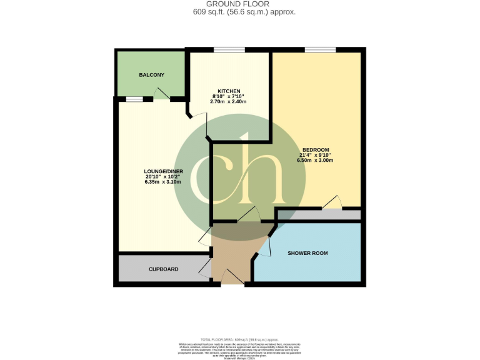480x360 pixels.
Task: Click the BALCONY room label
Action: pos(151,75)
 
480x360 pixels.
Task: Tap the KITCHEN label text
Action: pos(228,91)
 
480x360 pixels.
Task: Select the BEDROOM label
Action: pos(315,149)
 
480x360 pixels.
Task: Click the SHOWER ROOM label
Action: pos(307,253)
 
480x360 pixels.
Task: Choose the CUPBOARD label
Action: pos(163,269)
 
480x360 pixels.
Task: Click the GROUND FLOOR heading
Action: pos(240,4)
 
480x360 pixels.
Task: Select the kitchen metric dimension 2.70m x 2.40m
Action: pos(228,101)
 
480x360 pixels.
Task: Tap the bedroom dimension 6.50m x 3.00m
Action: pos(315,161)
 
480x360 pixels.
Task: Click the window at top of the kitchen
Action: pos(228,50)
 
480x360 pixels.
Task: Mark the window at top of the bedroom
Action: pos(319,50)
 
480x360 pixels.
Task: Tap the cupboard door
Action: pos(205,269)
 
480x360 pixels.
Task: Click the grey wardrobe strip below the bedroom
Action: pos(319,215)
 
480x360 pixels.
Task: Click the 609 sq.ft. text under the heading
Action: pos(240,12)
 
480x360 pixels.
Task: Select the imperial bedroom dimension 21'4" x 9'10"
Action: pos(315,155)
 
